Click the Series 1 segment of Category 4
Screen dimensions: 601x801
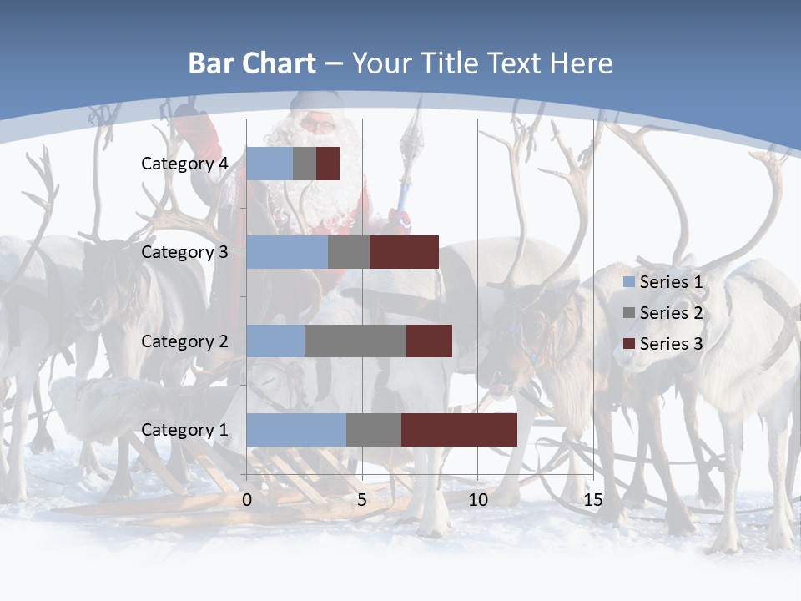[x=270, y=164]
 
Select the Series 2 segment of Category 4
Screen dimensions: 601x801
[x=305, y=164]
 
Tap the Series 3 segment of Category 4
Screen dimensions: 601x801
[x=328, y=164]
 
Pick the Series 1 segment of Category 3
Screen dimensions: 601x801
[x=287, y=252]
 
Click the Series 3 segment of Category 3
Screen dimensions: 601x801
[x=404, y=252]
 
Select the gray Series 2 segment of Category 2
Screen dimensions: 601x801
[x=355, y=341]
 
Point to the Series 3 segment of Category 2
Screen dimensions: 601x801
[x=429, y=341]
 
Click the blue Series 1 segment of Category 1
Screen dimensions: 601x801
[x=296, y=430]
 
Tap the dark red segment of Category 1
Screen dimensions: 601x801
[x=459, y=430]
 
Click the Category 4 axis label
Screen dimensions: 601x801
[x=184, y=164]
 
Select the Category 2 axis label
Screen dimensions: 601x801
[x=184, y=341]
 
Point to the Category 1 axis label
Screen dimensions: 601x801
[x=184, y=430]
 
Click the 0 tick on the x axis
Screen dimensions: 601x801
[x=247, y=501]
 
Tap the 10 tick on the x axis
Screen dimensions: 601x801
[x=478, y=501]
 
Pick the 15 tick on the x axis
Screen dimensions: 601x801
[x=593, y=501]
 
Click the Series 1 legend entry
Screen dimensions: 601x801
[x=663, y=282]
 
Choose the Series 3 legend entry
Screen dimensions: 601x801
[x=663, y=343]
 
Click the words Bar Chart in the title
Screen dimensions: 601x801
[x=252, y=63]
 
